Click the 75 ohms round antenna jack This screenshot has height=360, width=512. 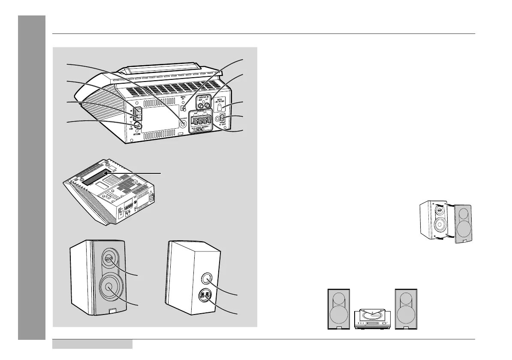click(x=139, y=125)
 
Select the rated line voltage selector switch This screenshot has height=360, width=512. click(x=220, y=106)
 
